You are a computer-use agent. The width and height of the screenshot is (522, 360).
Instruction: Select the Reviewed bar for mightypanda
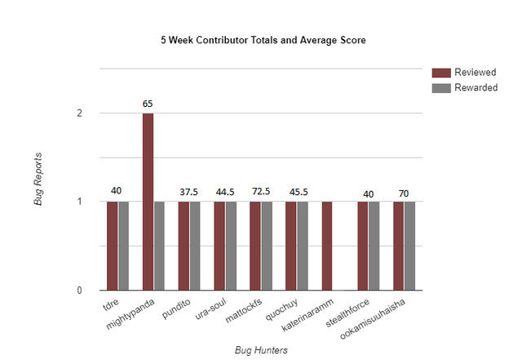148,202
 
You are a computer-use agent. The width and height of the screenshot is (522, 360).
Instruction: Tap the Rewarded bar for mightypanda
159,246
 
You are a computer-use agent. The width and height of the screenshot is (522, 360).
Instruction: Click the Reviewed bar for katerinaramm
327,246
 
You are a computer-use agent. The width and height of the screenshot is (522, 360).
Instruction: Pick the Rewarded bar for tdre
123,246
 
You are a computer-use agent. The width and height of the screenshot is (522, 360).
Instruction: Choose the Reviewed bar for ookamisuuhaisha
398,246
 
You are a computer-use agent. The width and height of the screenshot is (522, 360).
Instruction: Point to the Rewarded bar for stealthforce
374,246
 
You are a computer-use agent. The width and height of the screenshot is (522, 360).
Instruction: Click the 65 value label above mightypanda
148,104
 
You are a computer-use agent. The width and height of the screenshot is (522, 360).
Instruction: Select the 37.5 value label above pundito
189,191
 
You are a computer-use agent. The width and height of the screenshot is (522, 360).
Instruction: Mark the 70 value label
404,193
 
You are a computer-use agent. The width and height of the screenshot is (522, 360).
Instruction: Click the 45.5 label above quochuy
297,191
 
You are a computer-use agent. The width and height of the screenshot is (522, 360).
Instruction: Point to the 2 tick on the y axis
79,113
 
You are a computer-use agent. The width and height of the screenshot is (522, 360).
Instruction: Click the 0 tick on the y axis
79,291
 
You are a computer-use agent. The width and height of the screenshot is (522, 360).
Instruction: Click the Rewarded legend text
476,88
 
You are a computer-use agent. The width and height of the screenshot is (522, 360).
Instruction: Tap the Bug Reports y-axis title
38,178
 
